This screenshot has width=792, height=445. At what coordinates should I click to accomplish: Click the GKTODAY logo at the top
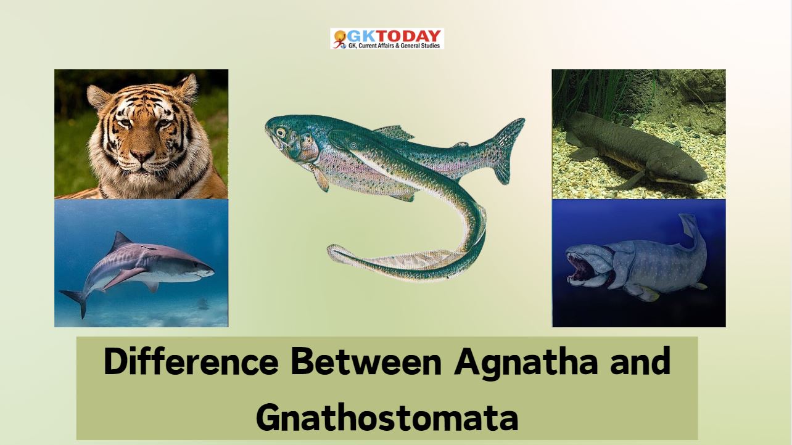[x=387, y=38]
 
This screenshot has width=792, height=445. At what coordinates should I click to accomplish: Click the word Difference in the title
[x=191, y=361]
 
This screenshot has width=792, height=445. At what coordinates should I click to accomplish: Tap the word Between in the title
[x=366, y=361]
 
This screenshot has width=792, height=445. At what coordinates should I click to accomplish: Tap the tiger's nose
[x=142, y=155]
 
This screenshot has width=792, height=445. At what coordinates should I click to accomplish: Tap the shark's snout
[x=207, y=272]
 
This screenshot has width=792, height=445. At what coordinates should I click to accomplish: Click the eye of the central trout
[x=281, y=133]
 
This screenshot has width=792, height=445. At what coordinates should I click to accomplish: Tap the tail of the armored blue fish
[x=691, y=233]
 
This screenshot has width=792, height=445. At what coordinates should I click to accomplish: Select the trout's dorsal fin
[x=394, y=133]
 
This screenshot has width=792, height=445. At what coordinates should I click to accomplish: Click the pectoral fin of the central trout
[x=320, y=178]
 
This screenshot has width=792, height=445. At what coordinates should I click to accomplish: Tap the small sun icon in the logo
[x=340, y=36]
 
